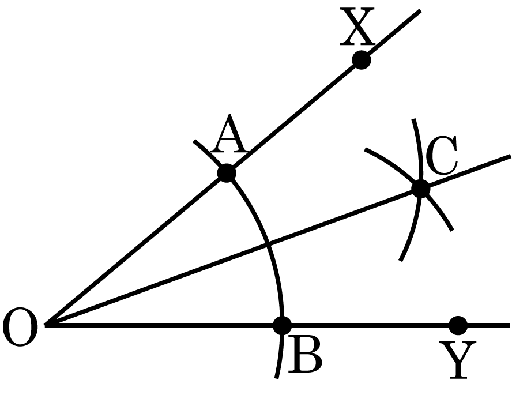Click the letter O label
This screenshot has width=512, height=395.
(20, 327)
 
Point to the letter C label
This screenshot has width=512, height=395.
(441, 155)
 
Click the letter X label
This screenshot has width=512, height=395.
(357, 27)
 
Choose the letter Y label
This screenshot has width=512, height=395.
(458, 360)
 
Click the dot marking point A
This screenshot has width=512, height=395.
(227, 172)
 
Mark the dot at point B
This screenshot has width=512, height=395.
(282, 325)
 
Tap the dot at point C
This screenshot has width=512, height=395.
(420, 189)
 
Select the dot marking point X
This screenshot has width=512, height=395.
(362, 60)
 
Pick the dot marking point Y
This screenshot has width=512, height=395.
(458, 325)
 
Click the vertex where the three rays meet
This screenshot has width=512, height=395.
(46, 325)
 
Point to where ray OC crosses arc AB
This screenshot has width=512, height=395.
(268, 243)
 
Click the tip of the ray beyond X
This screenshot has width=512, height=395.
(420, 10)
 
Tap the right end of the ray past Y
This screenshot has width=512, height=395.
(510, 325)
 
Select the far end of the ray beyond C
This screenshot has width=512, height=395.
(510, 156)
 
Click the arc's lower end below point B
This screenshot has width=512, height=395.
(277, 378)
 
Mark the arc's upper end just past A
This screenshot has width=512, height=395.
(194, 141)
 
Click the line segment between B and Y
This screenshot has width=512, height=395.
(370, 325)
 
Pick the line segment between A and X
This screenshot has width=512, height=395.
(294, 116)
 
